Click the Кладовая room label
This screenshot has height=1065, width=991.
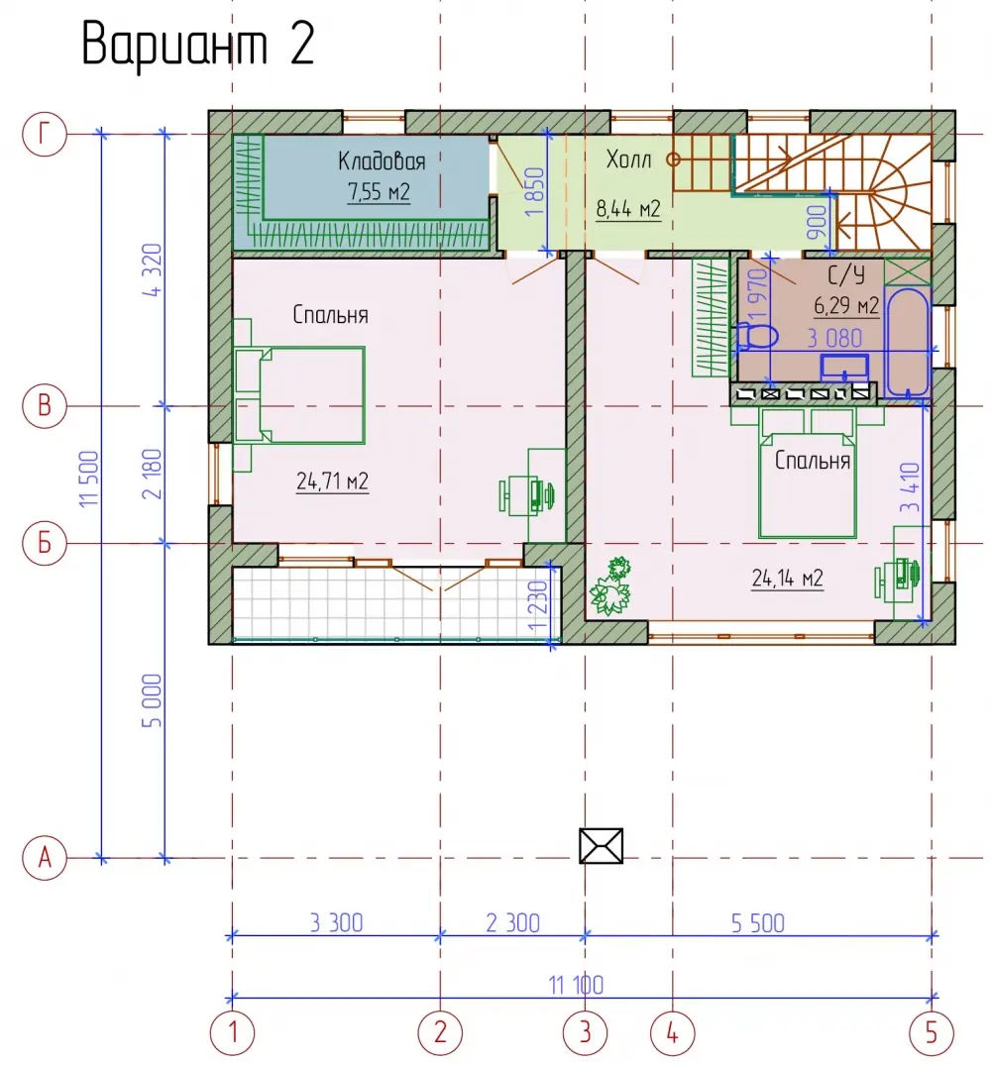(x=382, y=160)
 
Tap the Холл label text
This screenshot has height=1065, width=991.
(x=628, y=160)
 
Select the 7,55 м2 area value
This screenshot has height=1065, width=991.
(x=379, y=192)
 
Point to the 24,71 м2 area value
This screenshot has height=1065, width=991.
(x=332, y=481)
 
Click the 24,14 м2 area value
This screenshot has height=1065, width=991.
(x=787, y=578)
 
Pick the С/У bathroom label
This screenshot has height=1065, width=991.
(x=846, y=275)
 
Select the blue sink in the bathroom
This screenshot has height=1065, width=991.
(x=844, y=368)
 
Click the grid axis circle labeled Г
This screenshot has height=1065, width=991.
(x=45, y=134)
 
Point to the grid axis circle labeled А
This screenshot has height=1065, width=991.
(x=45, y=857)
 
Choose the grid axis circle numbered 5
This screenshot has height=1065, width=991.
(x=932, y=1033)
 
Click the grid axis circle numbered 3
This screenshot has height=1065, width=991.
(x=585, y=1033)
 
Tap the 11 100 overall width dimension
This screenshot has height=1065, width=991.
(x=576, y=985)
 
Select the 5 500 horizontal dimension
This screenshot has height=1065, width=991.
(x=758, y=923)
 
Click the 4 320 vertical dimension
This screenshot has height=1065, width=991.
(x=154, y=269)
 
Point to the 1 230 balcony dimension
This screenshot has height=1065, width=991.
(x=538, y=606)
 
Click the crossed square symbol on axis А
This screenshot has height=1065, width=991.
(x=602, y=846)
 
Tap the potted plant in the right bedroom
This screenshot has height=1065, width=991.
(x=610, y=586)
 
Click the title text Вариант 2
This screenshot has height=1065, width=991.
(x=197, y=45)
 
